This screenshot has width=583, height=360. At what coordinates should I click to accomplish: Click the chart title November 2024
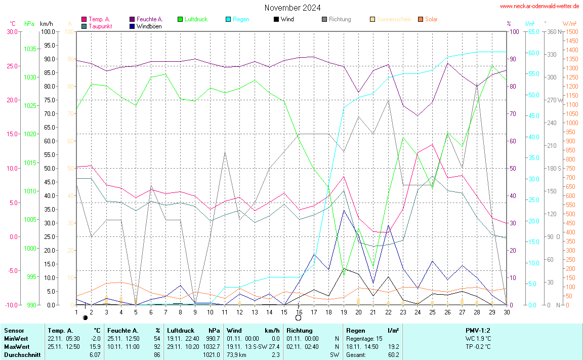292,8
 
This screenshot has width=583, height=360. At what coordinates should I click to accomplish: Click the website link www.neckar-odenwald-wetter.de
539,6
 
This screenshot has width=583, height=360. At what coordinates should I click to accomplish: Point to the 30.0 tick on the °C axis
12,31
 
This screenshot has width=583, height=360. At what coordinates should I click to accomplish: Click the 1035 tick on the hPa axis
30,49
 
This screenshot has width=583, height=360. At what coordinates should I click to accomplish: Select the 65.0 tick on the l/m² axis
533,31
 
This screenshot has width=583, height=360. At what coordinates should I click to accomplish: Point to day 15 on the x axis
284,311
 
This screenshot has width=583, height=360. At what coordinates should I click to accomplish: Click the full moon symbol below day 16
298,318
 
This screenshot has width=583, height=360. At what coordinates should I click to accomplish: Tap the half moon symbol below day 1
85,317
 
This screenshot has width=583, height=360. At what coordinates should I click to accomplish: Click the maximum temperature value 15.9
95,347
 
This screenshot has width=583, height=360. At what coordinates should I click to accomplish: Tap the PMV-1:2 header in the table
478,330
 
